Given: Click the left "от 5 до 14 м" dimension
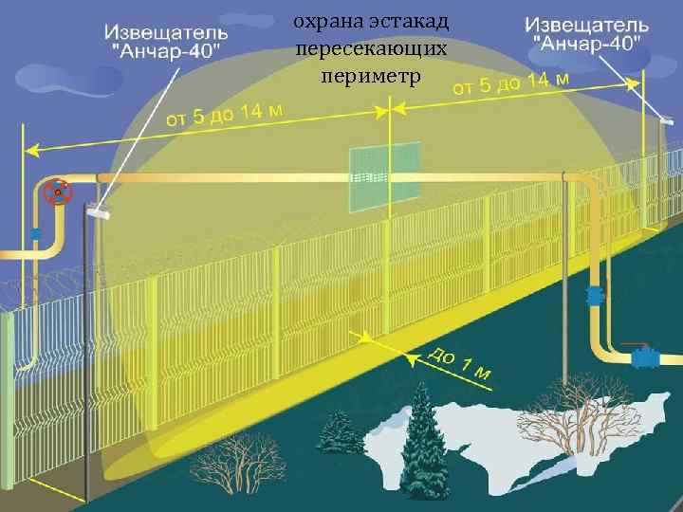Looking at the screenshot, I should coord(225,114).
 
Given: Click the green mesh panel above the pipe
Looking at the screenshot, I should coord(383,175).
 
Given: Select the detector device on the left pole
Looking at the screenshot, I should coord(98,214).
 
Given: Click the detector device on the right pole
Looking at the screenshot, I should coord(667,120).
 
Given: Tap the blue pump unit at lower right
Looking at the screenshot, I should coord(648,358).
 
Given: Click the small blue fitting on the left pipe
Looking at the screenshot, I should coord(35,233).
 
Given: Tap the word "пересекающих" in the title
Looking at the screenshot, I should coord(369,47).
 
